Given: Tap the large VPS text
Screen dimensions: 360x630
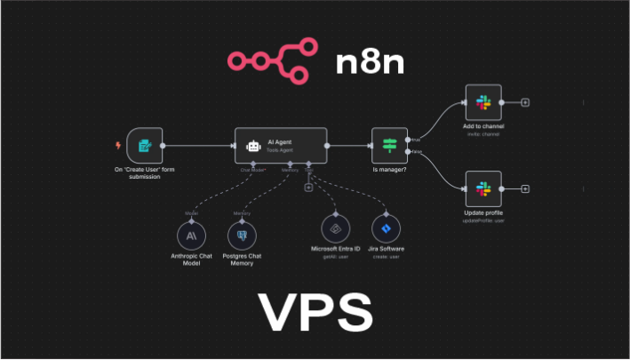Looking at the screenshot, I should point(315,312).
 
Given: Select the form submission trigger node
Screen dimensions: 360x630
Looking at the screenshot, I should point(144,145).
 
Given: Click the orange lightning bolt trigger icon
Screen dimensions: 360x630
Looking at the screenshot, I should point(118,146).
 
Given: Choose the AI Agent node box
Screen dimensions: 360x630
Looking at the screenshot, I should point(281,145).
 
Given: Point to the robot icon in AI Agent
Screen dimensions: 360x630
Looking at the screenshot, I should point(253,145).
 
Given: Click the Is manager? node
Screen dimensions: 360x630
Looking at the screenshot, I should point(388,145).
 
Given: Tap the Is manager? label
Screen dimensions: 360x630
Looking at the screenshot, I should point(388,169).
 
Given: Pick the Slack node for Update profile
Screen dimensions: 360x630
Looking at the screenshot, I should point(483,188).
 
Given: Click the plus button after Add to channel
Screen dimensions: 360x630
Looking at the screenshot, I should point(525,102).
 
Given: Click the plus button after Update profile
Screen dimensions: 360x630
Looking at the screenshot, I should point(525,188).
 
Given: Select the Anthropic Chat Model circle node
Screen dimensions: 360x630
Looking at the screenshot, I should point(191,236).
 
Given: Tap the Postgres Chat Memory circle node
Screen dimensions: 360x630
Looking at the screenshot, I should point(242,236).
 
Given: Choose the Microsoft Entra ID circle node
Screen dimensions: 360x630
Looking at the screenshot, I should point(336,228).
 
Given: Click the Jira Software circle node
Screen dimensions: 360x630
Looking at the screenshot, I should point(386,228).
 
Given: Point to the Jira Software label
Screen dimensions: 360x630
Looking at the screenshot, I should point(386,250).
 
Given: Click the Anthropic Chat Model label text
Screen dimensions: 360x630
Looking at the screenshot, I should point(191,260).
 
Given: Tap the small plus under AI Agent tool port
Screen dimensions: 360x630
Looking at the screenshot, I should point(308,188).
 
